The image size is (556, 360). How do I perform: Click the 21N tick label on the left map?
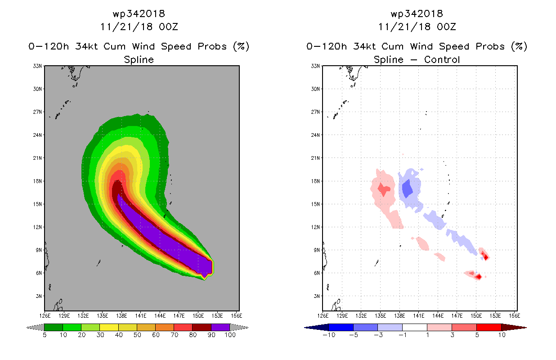pyautogui.click(x=37, y=158)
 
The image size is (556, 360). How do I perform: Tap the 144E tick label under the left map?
pyautogui.click(x=160, y=316)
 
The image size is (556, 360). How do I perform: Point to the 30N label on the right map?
pyautogui.click(x=315, y=89)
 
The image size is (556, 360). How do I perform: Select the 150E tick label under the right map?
pyautogui.click(x=476, y=316)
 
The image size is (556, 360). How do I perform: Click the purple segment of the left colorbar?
pyautogui.click(x=220, y=327)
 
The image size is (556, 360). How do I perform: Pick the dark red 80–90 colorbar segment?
pyautogui.click(x=202, y=327)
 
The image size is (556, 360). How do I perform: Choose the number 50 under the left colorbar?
pyautogui.click(x=137, y=335)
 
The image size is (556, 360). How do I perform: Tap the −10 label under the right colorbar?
pyautogui.click(x=329, y=335)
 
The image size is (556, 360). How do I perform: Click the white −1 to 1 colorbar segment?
pyautogui.click(x=415, y=327)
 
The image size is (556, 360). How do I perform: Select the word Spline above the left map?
pyautogui.click(x=139, y=59)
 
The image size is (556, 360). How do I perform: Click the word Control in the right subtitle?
pyautogui.click(x=442, y=59)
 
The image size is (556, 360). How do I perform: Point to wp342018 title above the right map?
pyautogui.click(x=417, y=13)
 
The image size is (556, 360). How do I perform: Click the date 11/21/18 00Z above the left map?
pyautogui.click(x=139, y=27)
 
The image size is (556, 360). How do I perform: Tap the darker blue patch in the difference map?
pyautogui.click(x=407, y=189)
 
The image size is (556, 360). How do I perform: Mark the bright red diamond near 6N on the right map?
pyautogui.click(x=479, y=276)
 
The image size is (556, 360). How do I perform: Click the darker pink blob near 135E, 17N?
pyautogui.click(x=384, y=189)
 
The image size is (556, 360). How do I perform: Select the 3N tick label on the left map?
pyautogui.click(x=39, y=296)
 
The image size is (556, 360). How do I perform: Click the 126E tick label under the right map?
pyautogui.click(x=323, y=316)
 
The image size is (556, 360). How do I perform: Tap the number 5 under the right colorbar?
pyautogui.click(x=477, y=335)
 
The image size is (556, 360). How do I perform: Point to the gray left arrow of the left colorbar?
pyautogui.click(x=35, y=328)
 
